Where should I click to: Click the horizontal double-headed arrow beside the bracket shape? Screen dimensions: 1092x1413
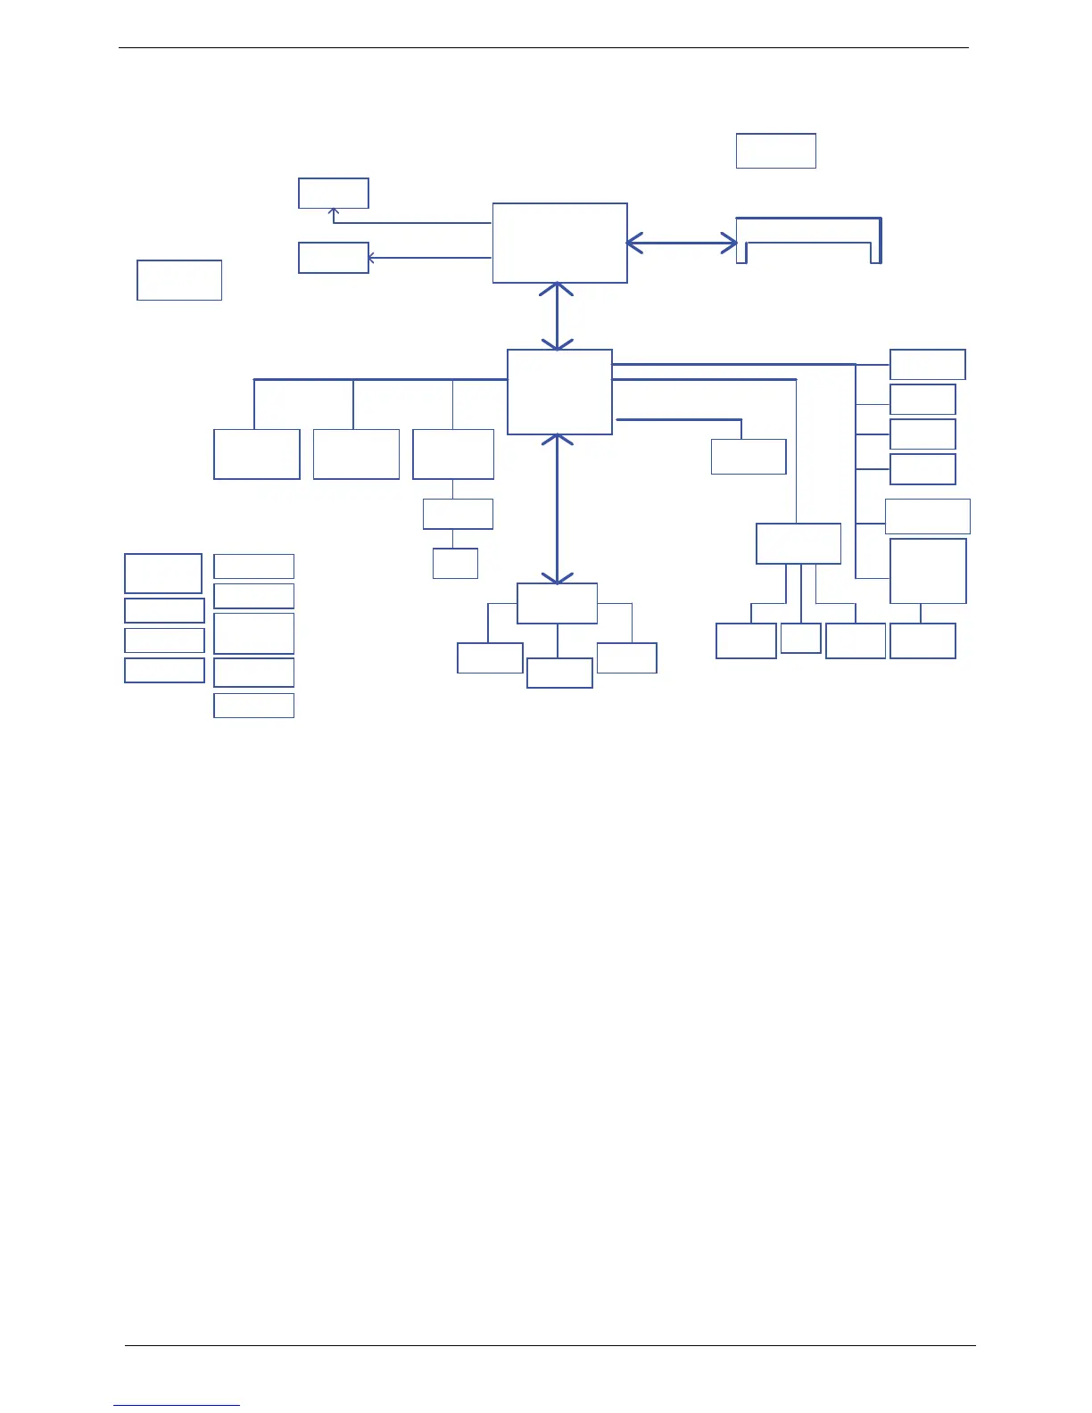682,243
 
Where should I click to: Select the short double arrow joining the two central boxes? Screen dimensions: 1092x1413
558,317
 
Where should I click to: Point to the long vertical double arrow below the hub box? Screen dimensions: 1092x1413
558,508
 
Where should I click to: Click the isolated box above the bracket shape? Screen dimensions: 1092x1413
775,151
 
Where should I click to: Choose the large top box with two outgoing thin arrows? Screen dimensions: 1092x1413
559,243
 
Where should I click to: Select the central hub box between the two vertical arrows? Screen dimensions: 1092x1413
559,392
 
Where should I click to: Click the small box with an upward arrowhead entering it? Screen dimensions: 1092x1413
333,193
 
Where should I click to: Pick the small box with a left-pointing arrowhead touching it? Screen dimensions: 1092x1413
333,258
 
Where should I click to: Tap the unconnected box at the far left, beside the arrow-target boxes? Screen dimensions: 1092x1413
178,280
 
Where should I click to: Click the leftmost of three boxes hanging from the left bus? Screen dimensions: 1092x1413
256,454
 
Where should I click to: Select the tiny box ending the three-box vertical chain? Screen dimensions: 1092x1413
455,563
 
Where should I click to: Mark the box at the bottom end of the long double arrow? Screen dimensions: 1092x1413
557,604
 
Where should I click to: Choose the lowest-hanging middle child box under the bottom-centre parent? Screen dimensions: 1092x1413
559,673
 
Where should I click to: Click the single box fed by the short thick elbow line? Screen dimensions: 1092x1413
748,456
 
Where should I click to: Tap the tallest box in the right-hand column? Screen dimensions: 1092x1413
928,571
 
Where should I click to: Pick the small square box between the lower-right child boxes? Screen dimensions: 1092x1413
800,638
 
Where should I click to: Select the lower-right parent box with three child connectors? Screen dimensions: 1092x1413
798,543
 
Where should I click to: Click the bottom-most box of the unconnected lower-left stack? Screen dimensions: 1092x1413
253,705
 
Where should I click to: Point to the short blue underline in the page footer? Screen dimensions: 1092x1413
177,1406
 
